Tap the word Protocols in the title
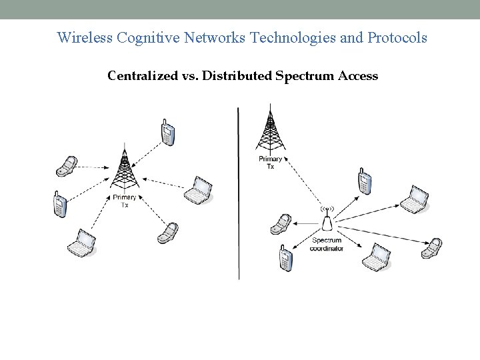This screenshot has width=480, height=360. (x=397, y=37)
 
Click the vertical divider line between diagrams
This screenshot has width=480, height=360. (x=239, y=193)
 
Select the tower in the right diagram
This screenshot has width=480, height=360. (x=269, y=130)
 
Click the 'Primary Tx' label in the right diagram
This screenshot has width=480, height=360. (x=270, y=163)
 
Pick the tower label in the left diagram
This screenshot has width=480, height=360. (x=125, y=201)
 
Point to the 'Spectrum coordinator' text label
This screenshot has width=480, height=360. (x=327, y=244)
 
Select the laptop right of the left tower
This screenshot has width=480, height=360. (x=199, y=191)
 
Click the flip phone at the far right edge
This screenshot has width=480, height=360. (x=433, y=247)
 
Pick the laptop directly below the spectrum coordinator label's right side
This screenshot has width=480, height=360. (x=375, y=257)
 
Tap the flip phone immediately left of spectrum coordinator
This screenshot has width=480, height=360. (x=281, y=224)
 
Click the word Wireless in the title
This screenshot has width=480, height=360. (x=85, y=37)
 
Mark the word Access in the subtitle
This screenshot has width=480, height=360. (x=358, y=76)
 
